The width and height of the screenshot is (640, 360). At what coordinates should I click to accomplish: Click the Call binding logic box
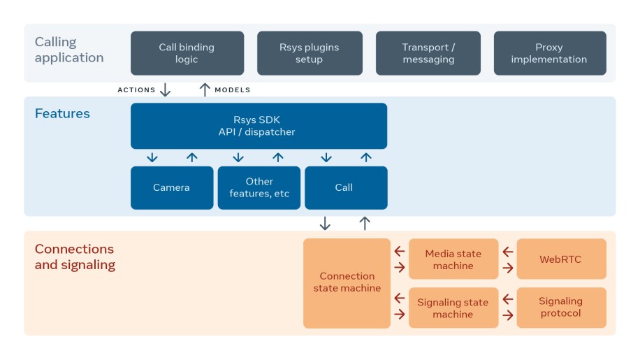click(187, 53)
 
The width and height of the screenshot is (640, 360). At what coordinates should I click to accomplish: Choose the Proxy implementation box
click(550, 53)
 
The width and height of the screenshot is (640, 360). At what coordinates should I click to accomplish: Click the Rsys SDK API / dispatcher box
click(259, 126)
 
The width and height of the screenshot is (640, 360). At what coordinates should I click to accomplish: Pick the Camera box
click(171, 187)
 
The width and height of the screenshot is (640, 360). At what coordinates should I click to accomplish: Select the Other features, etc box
click(259, 187)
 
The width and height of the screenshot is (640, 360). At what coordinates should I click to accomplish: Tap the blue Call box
click(345, 187)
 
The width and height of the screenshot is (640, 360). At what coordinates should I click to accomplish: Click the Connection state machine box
click(347, 282)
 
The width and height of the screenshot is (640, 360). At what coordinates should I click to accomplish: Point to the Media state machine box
click(453, 259)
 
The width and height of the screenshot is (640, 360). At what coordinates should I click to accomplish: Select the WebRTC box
click(561, 259)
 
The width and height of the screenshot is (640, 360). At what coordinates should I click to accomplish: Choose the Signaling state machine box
click(453, 308)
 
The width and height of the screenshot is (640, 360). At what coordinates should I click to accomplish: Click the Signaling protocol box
click(561, 308)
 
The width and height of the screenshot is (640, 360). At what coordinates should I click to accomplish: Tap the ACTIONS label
click(136, 90)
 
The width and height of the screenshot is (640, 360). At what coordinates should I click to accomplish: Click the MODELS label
click(233, 90)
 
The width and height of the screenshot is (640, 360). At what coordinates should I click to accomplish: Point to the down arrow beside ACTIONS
click(166, 89)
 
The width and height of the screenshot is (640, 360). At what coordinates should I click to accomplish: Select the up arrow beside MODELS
click(205, 89)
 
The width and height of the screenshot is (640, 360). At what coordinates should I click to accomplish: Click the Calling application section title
click(69, 50)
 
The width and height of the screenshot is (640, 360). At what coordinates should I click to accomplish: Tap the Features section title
click(62, 113)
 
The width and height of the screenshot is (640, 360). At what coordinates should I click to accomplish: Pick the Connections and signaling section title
click(75, 257)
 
